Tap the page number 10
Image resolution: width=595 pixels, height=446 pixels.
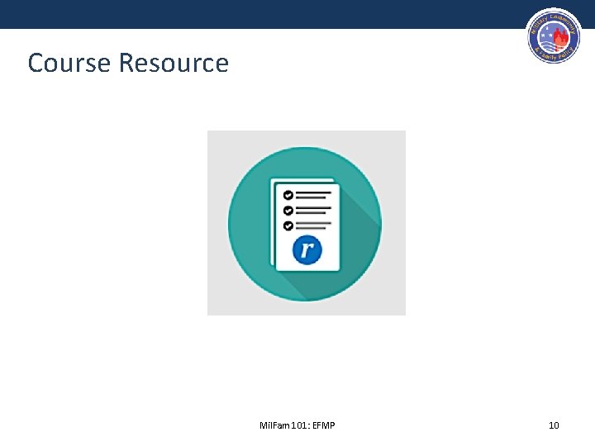554,425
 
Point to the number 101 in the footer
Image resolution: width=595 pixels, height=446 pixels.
293,425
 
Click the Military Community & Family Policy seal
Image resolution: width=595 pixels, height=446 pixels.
554,38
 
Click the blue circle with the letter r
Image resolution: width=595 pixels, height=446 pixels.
307,249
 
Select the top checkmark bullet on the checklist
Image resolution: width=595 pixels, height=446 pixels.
288,195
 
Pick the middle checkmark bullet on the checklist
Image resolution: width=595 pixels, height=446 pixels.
288,210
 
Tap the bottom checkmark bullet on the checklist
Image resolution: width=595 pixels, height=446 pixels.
288,225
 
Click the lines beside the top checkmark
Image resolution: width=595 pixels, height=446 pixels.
314,196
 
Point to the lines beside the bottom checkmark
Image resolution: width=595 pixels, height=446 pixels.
314,225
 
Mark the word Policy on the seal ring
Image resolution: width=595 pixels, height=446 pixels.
566,54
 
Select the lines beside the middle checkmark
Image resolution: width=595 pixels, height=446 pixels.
314,210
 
